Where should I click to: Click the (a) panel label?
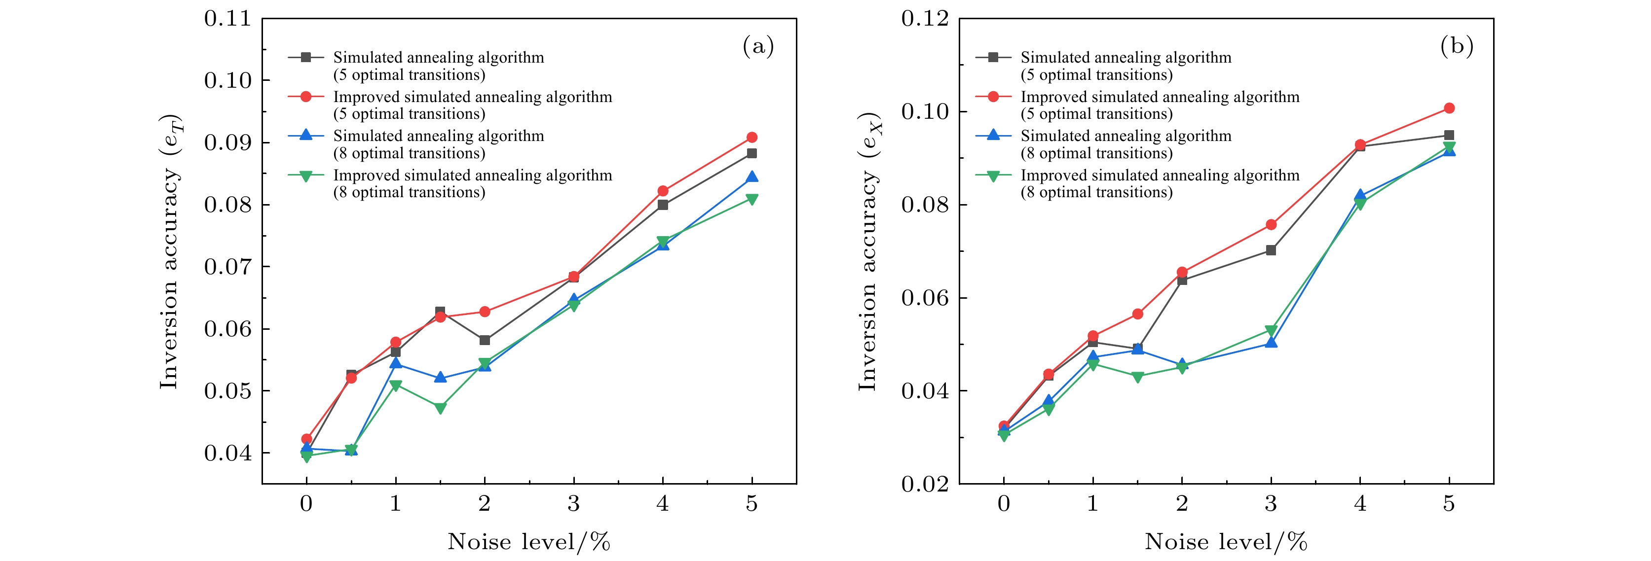[x=758, y=46]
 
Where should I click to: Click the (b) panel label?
[x=1456, y=46]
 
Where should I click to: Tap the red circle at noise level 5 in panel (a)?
[x=752, y=138]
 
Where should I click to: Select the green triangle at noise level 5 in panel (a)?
[x=752, y=199]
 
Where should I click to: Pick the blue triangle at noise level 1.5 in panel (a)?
[x=440, y=378]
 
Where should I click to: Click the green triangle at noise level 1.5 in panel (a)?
[x=440, y=408]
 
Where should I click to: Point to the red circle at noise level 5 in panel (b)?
[x=1449, y=108]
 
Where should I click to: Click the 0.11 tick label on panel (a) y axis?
[x=227, y=19]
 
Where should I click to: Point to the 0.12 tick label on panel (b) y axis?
[x=925, y=19]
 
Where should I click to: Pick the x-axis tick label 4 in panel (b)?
[x=1360, y=504]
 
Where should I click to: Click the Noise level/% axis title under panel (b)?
[x=1226, y=542]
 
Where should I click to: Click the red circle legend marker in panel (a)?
[x=306, y=97]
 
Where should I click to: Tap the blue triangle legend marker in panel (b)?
[x=993, y=135]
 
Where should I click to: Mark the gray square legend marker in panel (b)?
[x=993, y=58]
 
